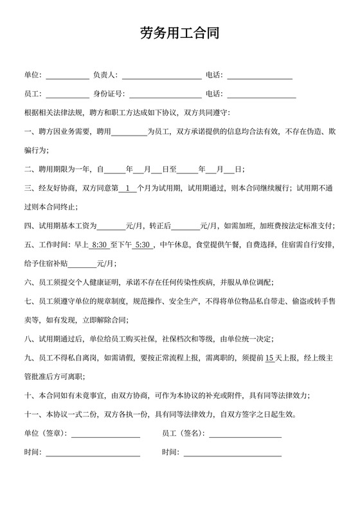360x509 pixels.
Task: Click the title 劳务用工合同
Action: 179,33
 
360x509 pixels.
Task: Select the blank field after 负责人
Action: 161,75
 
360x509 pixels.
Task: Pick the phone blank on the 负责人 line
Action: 260,75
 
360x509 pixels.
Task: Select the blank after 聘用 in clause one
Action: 130,132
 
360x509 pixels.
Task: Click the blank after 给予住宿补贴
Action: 82,263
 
